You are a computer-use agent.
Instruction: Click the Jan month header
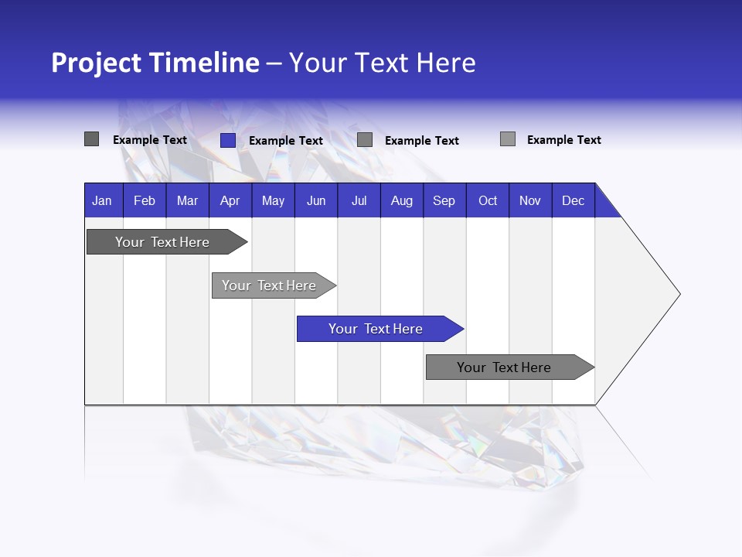coord(103,200)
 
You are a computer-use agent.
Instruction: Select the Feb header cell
coord(145,200)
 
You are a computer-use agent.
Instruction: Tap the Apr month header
coord(230,200)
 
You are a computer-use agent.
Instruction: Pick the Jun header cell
coord(316,200)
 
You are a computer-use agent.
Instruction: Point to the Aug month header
coord(402,200)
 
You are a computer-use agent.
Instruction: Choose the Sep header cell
coord(444,200)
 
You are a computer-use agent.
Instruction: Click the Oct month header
coord(488,200)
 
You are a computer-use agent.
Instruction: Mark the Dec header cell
coord(574,200)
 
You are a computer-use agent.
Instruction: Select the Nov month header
coord(530,200)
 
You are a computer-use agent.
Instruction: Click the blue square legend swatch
coord(228,140)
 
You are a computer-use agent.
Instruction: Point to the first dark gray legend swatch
coord(92,139)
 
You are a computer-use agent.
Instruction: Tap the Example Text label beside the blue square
coord(286,141)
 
